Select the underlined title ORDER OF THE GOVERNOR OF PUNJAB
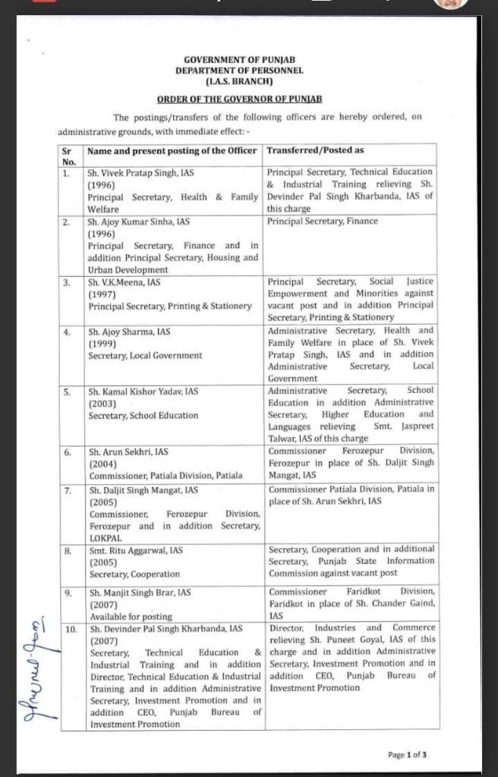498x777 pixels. coord(239,99)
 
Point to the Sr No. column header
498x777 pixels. coord(69,156)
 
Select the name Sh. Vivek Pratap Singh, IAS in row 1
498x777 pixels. coord(141,173)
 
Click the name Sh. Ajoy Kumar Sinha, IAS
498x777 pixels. coord(138,222)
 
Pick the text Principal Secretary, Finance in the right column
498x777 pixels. coord(323,222)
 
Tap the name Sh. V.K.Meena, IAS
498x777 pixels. coord(124,282)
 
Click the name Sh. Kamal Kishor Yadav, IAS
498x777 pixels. coord(143,392)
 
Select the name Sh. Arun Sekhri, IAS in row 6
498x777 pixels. coord(128,452)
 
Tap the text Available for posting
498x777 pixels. coord(131,616)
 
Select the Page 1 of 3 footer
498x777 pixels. coord(407,754)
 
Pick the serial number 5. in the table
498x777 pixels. coord(68,392)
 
